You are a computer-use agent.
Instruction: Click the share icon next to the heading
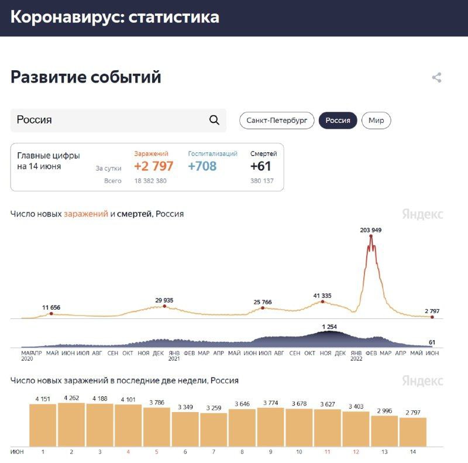click(436, 77)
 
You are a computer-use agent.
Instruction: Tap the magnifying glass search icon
click(214, 120)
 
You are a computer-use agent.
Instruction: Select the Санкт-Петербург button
click(277, 121)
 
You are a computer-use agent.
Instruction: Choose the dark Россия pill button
click(338, 121)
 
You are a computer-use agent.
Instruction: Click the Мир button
click(376, 121)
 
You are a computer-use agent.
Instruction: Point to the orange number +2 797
click(153, 166)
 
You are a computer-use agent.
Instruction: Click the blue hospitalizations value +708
click(202, 166)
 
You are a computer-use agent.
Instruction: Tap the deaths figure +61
click(261, 166)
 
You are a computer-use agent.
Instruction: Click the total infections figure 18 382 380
click(150, 181)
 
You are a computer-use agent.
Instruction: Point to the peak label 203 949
click(371, 230)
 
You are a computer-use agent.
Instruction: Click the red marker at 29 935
click(164, 306)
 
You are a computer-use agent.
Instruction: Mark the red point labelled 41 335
click(322, 301)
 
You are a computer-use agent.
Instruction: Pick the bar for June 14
click(413, 432)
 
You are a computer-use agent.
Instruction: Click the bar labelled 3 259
click(214, 430)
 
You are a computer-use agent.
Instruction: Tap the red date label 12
click(356, 452)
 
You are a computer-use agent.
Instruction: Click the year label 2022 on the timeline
click(356, 359)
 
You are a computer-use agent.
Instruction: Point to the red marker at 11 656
click(51, 314)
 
